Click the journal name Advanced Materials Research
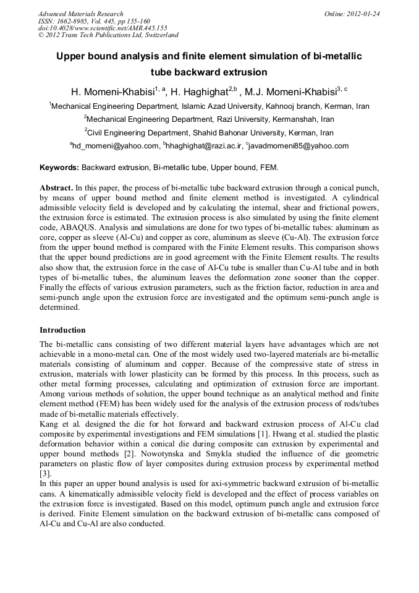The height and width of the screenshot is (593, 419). pyautogui.click(x=80, y=14)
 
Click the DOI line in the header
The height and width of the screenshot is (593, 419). pyautogui.click(x=103, y=28)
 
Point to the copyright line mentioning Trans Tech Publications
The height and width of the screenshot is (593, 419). pyautogui.click(x=108, y=35)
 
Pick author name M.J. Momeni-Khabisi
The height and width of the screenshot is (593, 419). pyautogui.click(x=290, y=92)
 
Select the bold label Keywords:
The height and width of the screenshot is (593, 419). pyautogui.click(x=59, y=168)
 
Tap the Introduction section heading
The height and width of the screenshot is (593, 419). pyautogui.click(x=62, y=330)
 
